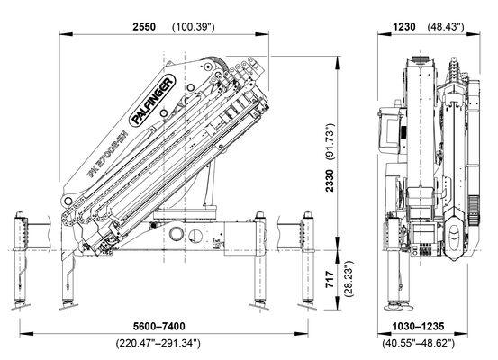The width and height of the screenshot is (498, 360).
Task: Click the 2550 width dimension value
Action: click(x=144, y=27)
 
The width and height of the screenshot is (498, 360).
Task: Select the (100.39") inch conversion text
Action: click(x=193, y=27)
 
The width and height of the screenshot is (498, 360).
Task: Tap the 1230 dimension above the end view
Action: click(x=404, y=27)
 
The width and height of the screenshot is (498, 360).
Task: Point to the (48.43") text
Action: click(x=446, y=27)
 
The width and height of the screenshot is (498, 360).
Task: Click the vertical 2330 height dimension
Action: click(x=330, y=181)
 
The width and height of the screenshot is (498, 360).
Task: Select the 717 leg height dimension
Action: click(x=330, y=279)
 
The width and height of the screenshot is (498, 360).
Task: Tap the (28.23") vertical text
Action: click(x=349, y=279)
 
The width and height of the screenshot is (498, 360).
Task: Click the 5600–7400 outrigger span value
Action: click(x=158, y=326)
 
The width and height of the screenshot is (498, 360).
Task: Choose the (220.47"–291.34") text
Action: click(x=158, y=343)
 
